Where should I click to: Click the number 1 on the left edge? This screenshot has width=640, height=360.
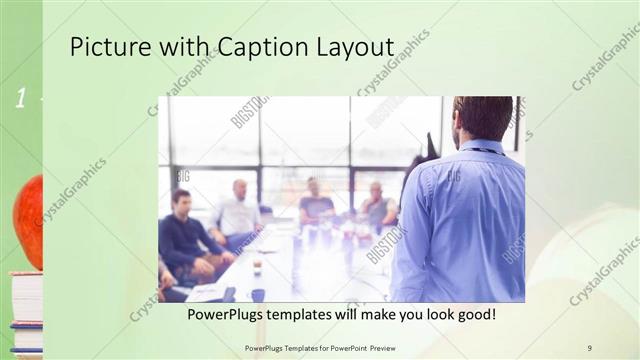[x=19, y=98]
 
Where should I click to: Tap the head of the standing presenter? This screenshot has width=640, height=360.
[x=482, y=118]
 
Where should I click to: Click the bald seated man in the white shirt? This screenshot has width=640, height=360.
[x=237, y=209]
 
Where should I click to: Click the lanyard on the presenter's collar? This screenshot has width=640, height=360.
[x=490, y=151]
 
